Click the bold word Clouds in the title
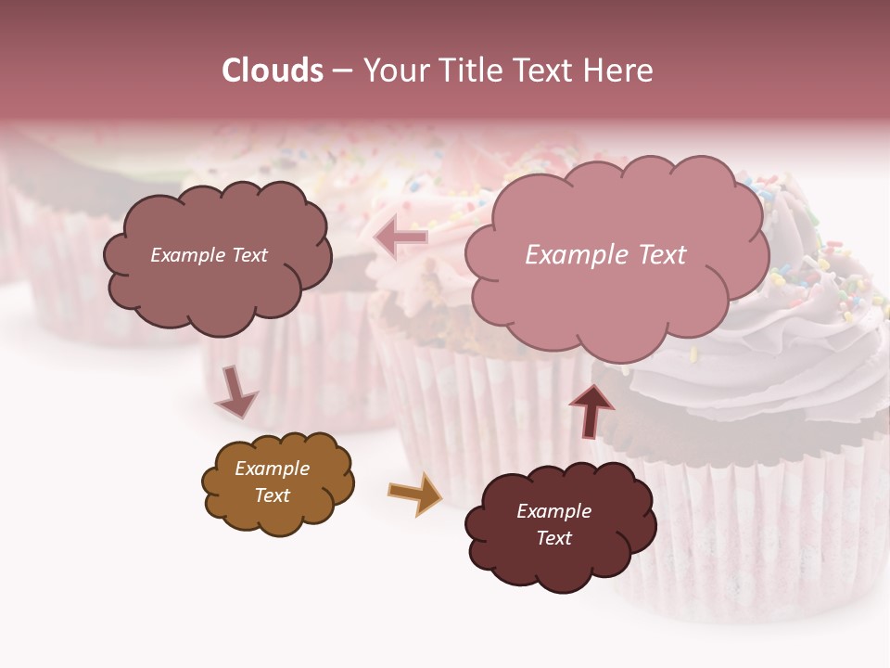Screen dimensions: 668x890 (273, 71)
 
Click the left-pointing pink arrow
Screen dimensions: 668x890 (400, 238)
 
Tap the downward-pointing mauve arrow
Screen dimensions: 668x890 (235, 393)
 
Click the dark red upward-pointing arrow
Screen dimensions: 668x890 (591, 409)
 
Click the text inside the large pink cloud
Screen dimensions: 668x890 (605, 255)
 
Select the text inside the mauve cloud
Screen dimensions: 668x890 (209, 255)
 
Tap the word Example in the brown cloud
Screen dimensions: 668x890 (272, 469)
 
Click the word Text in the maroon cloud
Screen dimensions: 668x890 (553, 538)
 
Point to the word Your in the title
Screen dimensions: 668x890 (390, 71)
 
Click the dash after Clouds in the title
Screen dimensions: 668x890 (342, 71)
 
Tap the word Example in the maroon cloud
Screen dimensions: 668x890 (553, 511)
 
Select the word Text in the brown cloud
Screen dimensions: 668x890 (272, 495)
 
